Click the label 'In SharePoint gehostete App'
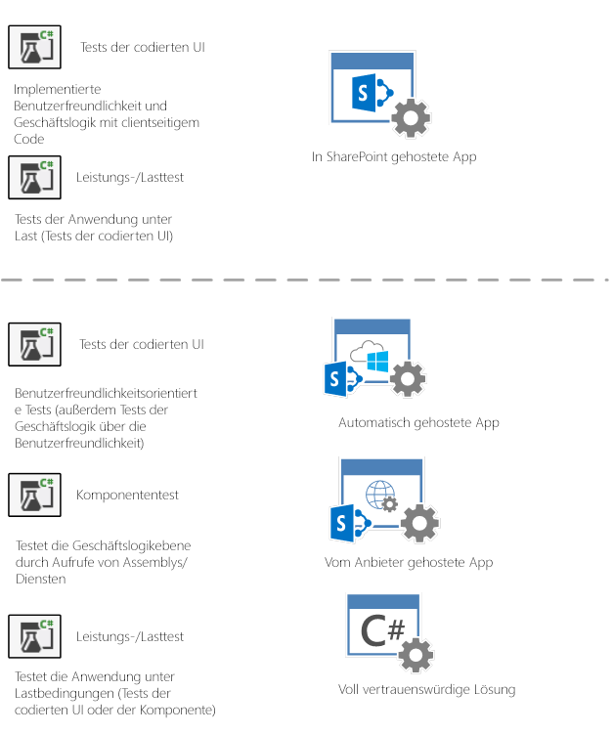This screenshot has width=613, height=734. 394,156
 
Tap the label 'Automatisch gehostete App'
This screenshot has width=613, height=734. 418,422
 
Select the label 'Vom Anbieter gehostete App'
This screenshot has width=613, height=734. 409,562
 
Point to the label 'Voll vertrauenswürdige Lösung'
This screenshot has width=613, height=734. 426,689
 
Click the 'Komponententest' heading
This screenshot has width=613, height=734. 127,495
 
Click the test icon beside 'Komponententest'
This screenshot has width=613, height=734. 35,495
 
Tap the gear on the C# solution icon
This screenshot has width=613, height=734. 417,656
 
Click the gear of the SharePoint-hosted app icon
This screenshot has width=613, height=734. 411,118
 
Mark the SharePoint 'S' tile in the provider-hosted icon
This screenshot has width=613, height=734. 343,526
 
